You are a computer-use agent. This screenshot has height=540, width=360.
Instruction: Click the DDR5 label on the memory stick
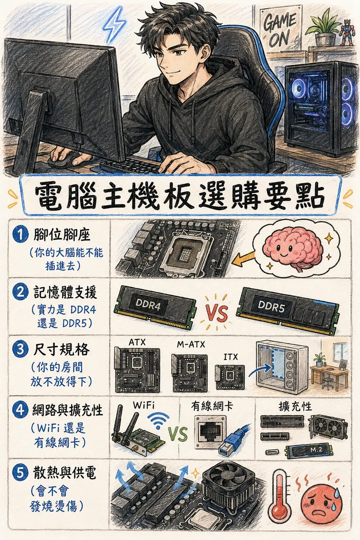pyautogui.click(x=271, y=306)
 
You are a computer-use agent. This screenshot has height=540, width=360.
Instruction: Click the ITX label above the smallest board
pyautogui.click(x=231, y=357)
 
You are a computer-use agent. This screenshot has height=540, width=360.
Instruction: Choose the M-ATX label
pyautogui.click(x=191, y=344)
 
